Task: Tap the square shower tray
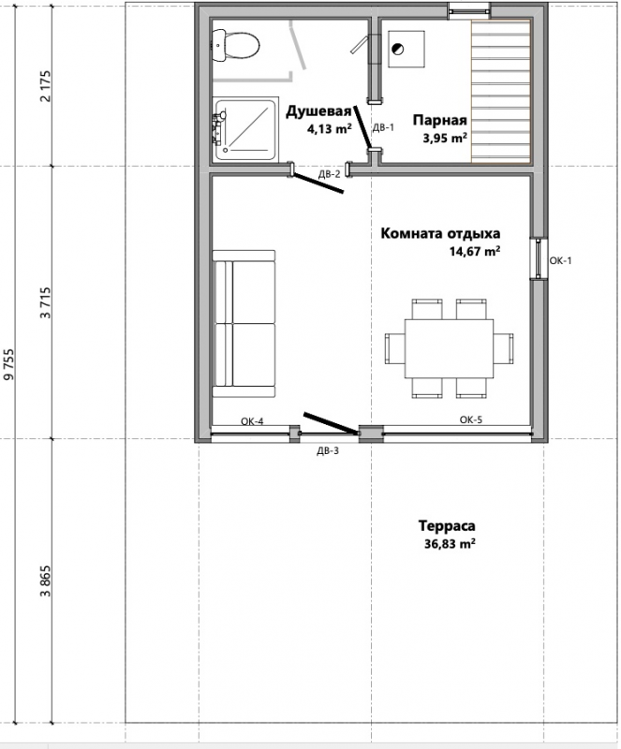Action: [245, 129]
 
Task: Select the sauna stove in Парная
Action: [407, 50]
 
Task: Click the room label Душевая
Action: [318, 111]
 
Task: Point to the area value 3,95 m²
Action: [445, 138]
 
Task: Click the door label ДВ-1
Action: [383, 127]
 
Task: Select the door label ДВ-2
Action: [330, 174]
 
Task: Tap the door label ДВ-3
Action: [328, 450]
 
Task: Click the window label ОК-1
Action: [560, 260]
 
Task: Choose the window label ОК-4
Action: [252, 421]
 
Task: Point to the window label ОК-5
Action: [471, 419]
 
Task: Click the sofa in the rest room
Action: [244, 323]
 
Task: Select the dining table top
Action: [450, 348]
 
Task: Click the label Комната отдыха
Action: [440, 233]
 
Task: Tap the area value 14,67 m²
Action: [475, 251]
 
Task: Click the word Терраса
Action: [447, 526]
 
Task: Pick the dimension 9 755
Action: [8, 364]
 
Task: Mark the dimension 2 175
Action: [45, 86]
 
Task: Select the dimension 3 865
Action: [45, 581]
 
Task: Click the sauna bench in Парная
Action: [501, 92]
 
